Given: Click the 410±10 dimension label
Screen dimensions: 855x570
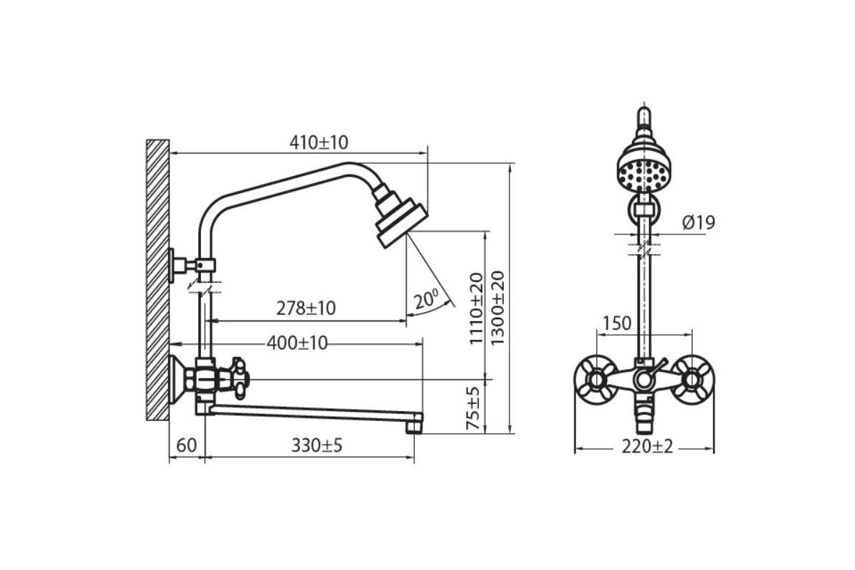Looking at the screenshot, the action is tap(318, 142).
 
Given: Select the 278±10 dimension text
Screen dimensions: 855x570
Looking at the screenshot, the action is tap(306, 309).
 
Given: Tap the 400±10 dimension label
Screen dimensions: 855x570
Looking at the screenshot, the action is tap(297, 343).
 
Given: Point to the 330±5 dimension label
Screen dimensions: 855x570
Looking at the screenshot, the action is tap(317, 445).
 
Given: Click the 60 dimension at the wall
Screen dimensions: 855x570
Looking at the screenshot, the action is tap(187, 445).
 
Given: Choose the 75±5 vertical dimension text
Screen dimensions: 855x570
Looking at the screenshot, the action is tap(473, 408).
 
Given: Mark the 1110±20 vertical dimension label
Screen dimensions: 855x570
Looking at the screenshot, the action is tap(476, 309).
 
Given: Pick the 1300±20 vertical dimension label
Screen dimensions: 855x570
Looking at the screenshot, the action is tap(497, 308).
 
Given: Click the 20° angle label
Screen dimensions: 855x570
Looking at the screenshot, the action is tap(426, 299).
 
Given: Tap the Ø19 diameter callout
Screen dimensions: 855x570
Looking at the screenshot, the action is tap(698, 222).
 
